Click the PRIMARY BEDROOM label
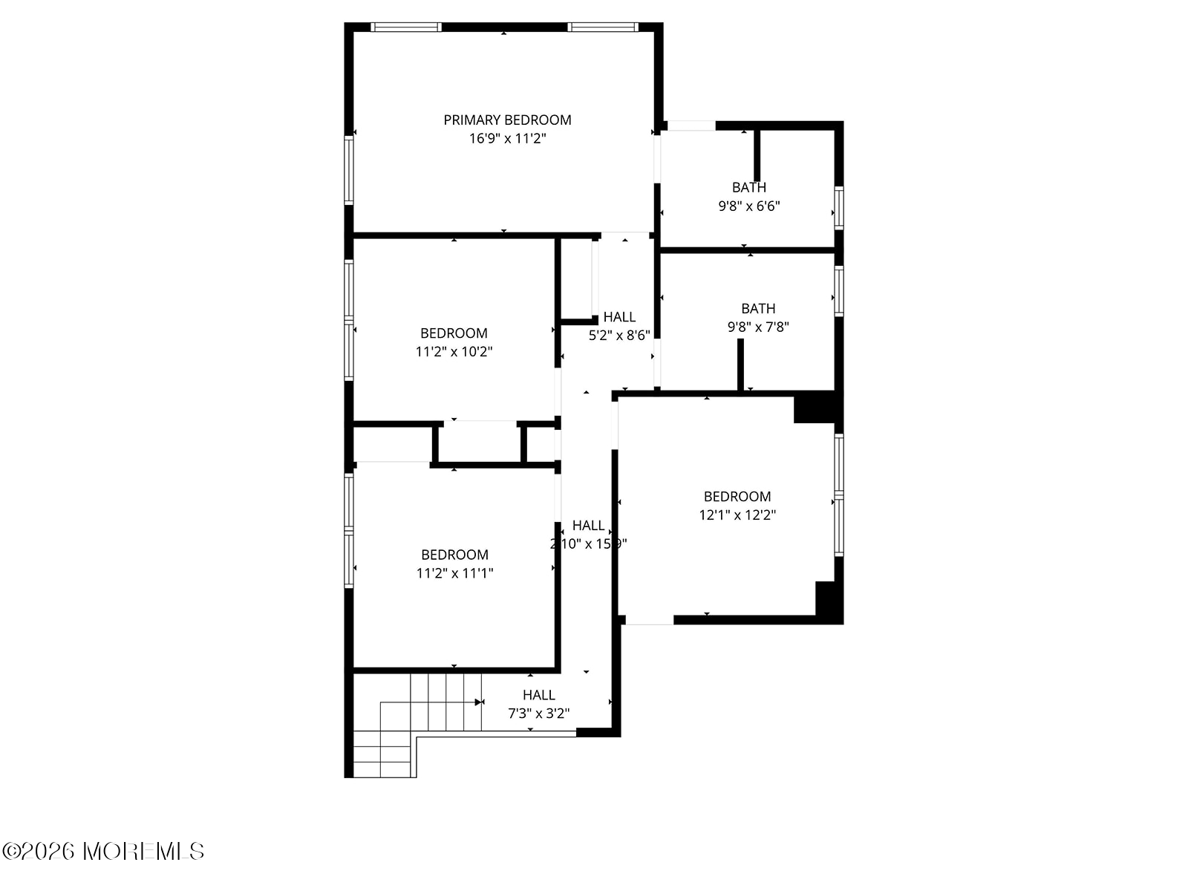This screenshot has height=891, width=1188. pyautogui.click(x=507, y=120)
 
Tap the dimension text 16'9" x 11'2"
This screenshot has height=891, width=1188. pyautogui.click(x=507, y=138)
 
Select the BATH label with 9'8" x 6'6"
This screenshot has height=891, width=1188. pyautogui.click(x=748, y=187)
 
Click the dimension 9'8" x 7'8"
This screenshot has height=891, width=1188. pyautogui.click(x=757, y=327)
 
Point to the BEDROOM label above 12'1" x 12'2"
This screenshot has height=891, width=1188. pyautogui.click(x=737, y=496)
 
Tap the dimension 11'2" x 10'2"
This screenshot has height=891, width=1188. pyautogui.click(x=454, y=351)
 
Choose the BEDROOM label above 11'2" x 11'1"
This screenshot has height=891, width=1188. pyautogui.click(x=454, y=555)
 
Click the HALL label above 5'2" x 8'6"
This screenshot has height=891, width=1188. pyautogui.click(x=619, y=317)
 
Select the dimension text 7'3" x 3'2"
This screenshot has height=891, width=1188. pyautogui.click(x=538, y=714)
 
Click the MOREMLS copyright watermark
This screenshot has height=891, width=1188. pyautogui.click(x=103, y=851)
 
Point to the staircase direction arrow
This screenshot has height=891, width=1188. pyautogui.click(x=479, y=702)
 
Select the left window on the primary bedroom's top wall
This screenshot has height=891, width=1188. pyautogui.click(x=406, y=27)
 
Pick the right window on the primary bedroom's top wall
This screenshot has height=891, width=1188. pyautogui.click(x=602, y=27)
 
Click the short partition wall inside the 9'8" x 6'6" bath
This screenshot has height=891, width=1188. pyautogui.click(x=757, y=154)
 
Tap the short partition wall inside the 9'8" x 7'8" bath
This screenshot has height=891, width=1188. pyautogui.click(x=740, y=364)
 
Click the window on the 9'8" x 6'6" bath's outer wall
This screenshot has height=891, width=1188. pyautogui.click(x=838, y=207)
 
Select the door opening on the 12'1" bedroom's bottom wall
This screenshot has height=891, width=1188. pyautogui.click(x=649, y=619)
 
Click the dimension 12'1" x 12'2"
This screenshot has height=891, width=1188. pyautogui.click(x=737, y=515)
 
